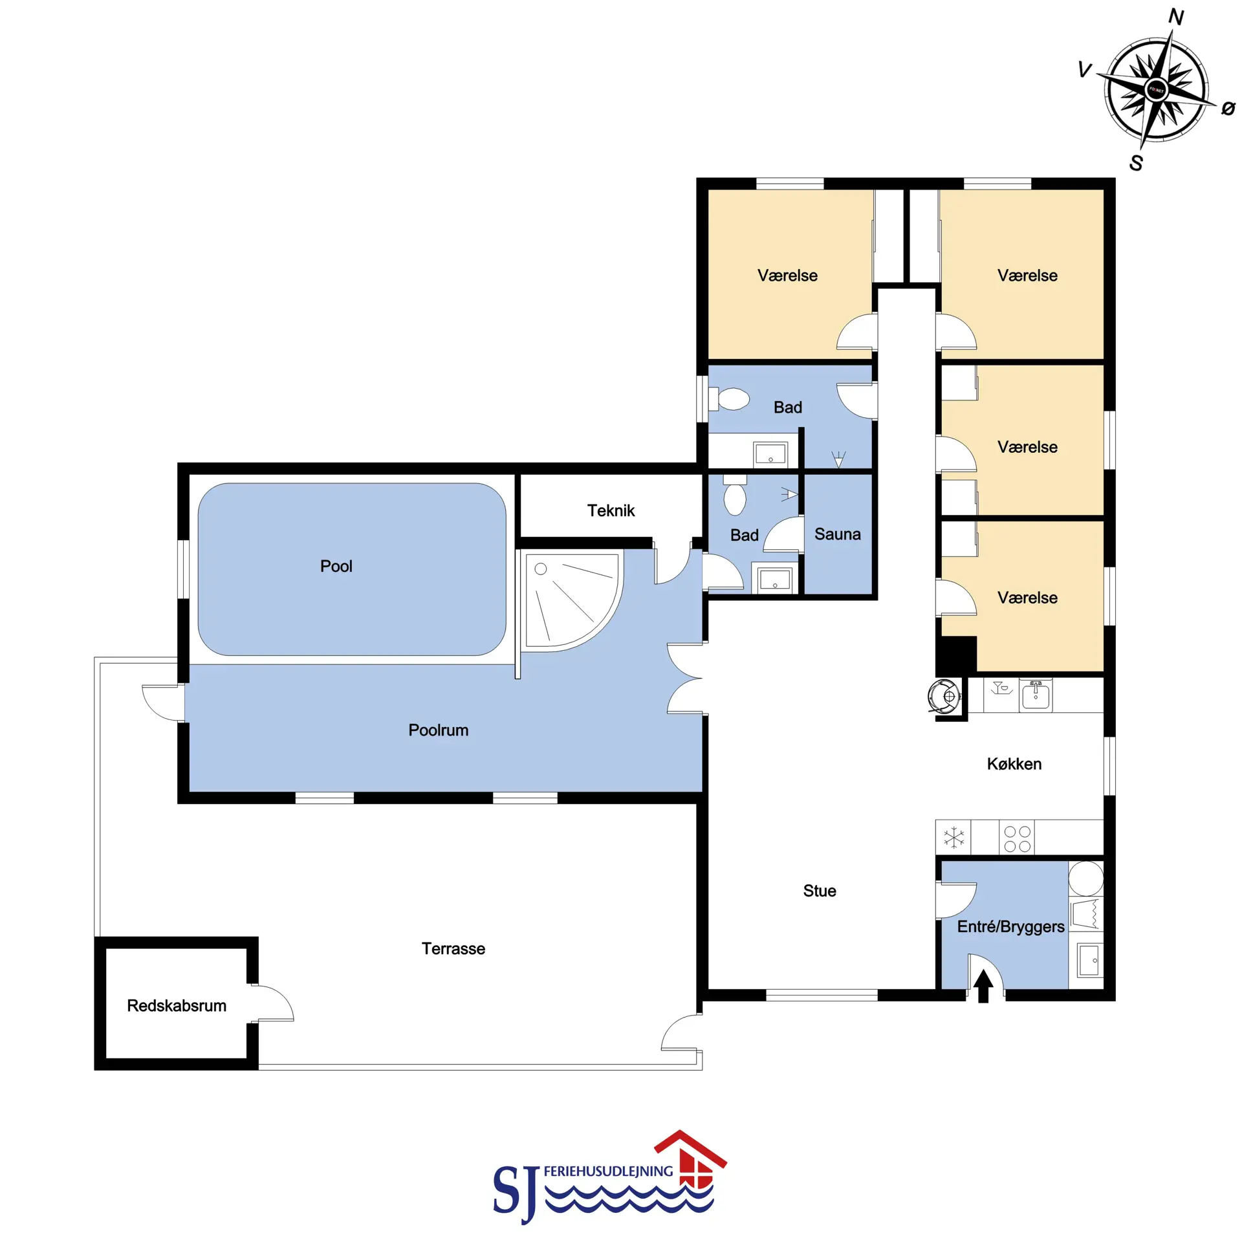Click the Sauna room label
[837, 534]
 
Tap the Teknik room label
[611, 510]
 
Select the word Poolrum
[438, 730]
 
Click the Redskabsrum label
[177, 1005]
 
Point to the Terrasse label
[453, 948]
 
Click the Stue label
[820, 891]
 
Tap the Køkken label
[1014, 764]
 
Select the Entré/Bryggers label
[1010, 927]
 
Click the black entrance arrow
[983, 986]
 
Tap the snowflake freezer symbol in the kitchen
[953, 837]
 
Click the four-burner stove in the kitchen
[1017, 838]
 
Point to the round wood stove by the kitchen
[944, 696]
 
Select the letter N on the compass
[1176, 17]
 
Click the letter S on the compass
[1136, 163]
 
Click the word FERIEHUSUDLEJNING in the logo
[608, 1171]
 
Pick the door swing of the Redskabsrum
[272, 1003]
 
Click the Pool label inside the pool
[336, 566]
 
